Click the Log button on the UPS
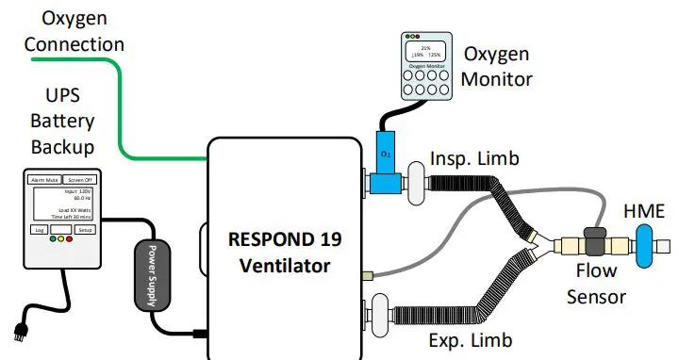[39, 229]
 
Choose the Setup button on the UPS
[85, 229]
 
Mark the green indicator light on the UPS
[53, 239]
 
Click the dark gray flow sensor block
[595, 242]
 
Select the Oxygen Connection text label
[74, 29]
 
